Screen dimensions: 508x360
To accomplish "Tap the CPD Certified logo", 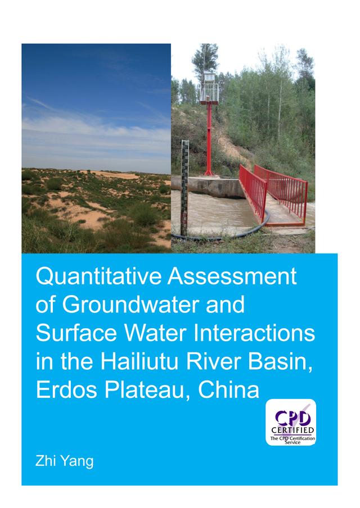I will point(291,422).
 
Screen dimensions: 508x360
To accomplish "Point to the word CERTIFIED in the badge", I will point(291,431).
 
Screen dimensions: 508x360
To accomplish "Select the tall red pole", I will point(208,135).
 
